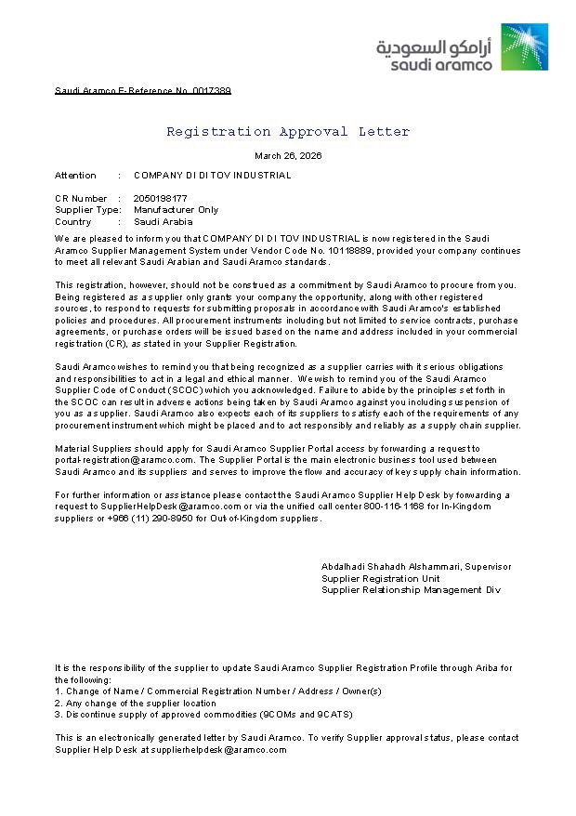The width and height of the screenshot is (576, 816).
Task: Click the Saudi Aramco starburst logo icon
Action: tap(525, 46)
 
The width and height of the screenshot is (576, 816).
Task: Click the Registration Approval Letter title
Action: tap(288, 131)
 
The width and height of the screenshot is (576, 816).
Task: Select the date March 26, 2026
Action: tap(288, 156)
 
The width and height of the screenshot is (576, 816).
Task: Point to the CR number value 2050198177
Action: tap(161, 198)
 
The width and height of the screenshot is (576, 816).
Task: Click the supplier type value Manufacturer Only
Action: tap(177, 210)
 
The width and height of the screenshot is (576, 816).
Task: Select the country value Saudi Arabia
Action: tap(164, 222)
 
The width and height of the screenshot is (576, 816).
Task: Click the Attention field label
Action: tap(75, 175)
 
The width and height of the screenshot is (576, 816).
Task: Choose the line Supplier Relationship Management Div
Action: tap(411, 590)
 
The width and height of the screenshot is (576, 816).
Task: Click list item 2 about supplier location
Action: tap(136, 703)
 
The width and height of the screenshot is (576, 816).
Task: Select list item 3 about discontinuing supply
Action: tap(190, 715)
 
